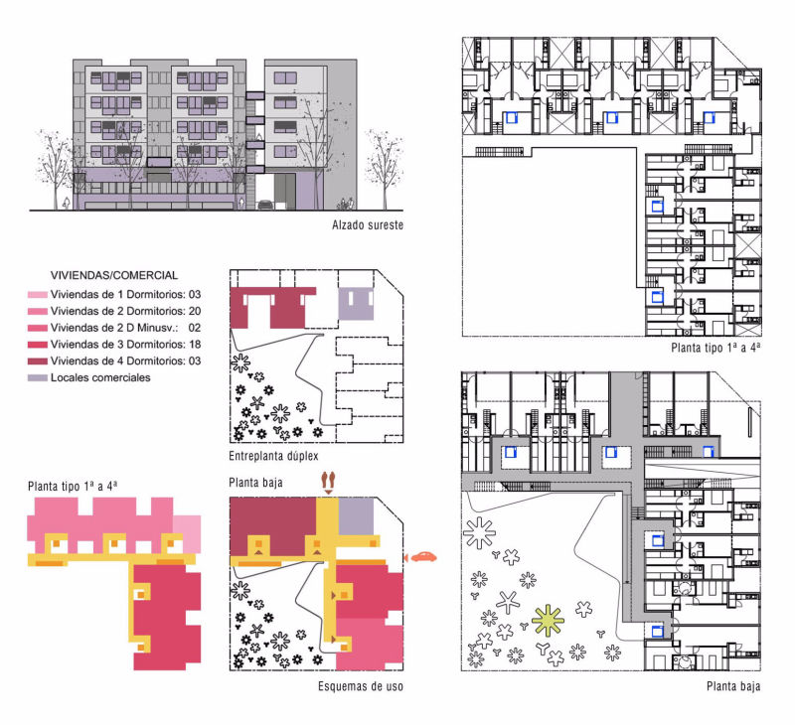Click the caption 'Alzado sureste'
[x=368, y=224]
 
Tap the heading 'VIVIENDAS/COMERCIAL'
[x=114, y=275]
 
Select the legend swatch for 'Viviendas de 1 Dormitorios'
[x=38, y=294]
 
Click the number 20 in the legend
[x=195, y=311]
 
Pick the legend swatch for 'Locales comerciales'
[x=38, y=378]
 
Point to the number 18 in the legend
[x=195, y=345]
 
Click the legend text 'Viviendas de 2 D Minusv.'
[x=114, y=328]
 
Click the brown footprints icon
[x=329, y=483]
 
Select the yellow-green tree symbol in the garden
[x=548, y=621]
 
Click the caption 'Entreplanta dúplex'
[x=274, y=456]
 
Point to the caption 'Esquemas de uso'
[x=361, y=686]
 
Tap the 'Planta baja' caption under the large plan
[x=733, y=686]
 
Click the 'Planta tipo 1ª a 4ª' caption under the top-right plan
[x=715, y=348]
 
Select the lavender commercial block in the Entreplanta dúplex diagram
[x=356, y=304]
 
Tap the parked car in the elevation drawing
[x=266, y=205]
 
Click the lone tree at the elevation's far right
[x=385, y=167]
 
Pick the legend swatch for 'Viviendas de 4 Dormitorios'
[x=38, y=362]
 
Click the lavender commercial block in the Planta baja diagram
[x=356, y=516]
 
